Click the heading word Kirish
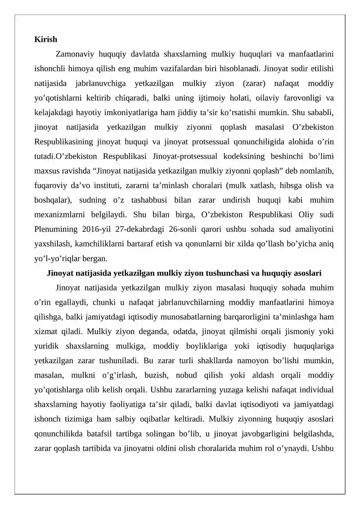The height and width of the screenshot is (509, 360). [45, 40]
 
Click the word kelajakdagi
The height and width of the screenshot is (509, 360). [53, 112]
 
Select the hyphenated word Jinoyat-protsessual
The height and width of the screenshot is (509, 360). [186, 156]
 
